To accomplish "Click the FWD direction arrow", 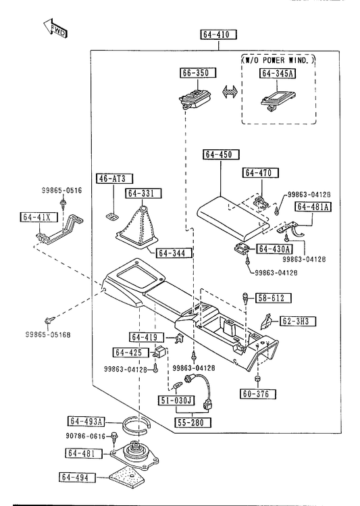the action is (55, 28).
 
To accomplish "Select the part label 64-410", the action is (219, 34).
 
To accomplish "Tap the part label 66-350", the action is (198, 73).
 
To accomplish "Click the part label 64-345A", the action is (278, 74).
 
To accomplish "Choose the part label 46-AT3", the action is (115, 178).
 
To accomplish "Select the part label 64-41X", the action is (38, 217).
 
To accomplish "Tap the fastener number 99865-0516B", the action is (48, 335).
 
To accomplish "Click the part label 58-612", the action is (274, 298).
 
